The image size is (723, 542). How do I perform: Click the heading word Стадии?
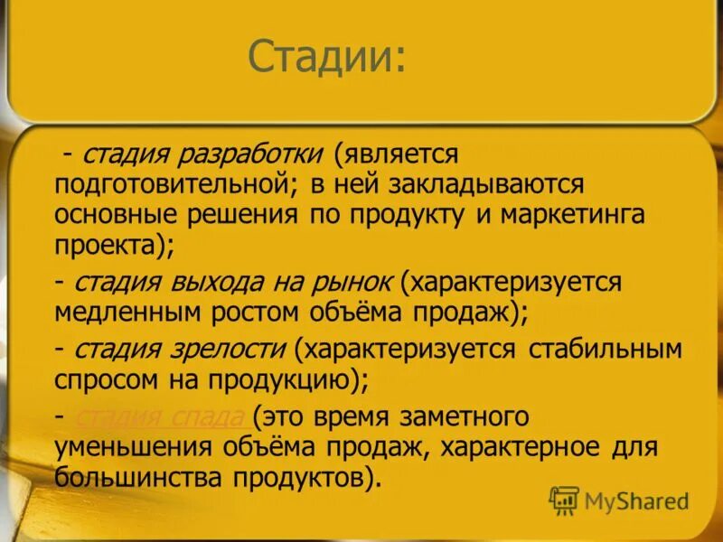point(327,58)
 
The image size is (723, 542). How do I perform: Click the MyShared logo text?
point(636,500)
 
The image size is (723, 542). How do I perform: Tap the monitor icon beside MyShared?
point(564,500)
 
